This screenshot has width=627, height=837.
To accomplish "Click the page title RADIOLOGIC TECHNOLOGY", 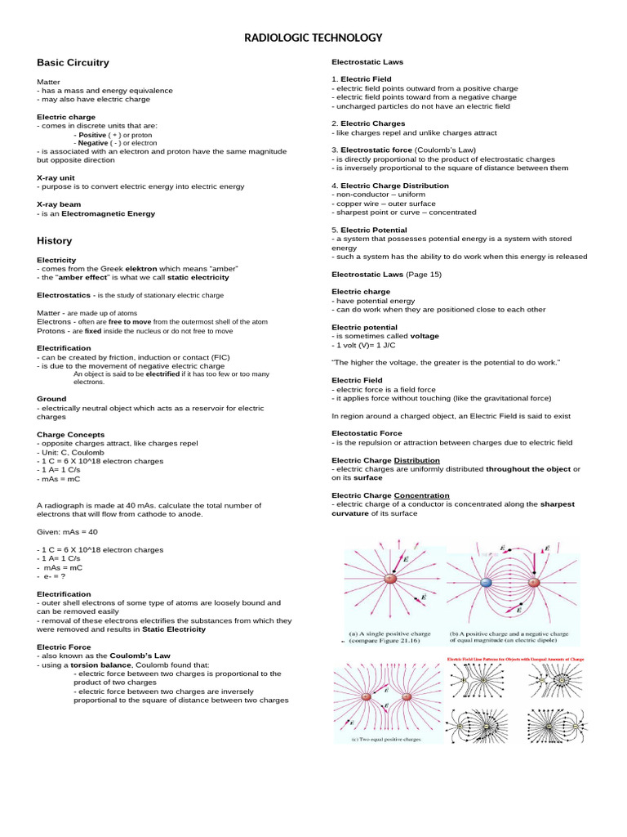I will point(313,38).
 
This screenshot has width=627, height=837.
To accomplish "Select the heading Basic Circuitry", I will point(73,62).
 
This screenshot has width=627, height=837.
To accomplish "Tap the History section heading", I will point(54,240).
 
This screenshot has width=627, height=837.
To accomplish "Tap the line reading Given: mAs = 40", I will point(67,531).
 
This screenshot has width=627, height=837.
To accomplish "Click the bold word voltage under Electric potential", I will point(424,335).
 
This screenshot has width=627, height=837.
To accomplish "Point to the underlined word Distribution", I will point(416,460).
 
